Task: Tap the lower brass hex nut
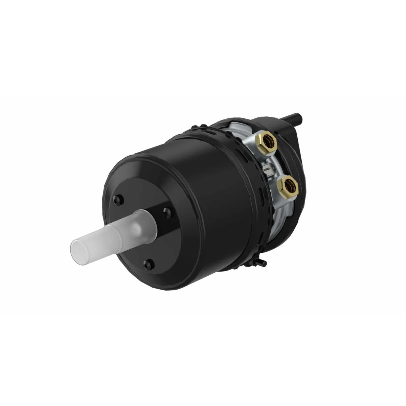click(287, 186)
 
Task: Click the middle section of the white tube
click(108, 233)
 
